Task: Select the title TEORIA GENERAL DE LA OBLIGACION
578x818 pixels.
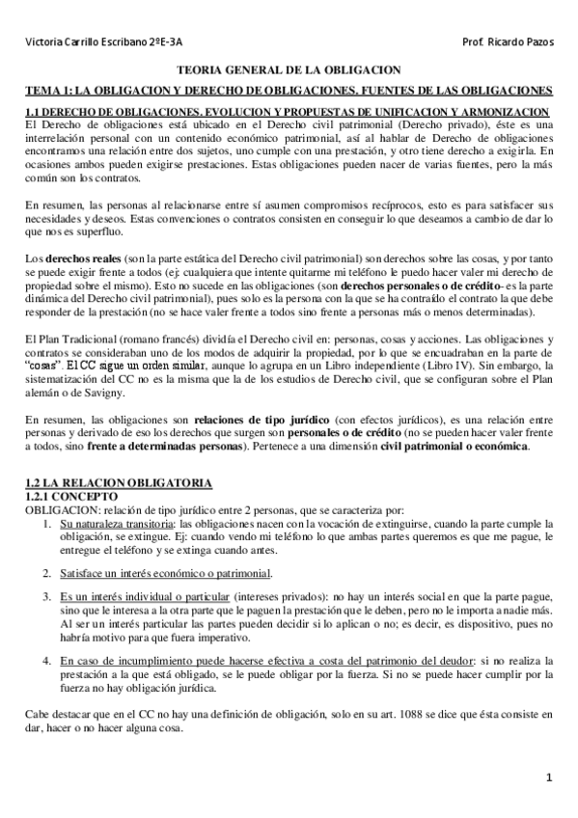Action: (x=288, y=72)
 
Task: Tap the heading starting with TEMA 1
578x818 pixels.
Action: (x=288, y=90)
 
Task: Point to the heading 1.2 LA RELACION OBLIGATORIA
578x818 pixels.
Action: (x=117, y=481)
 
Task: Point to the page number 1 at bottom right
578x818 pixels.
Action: (x=548, y=777)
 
